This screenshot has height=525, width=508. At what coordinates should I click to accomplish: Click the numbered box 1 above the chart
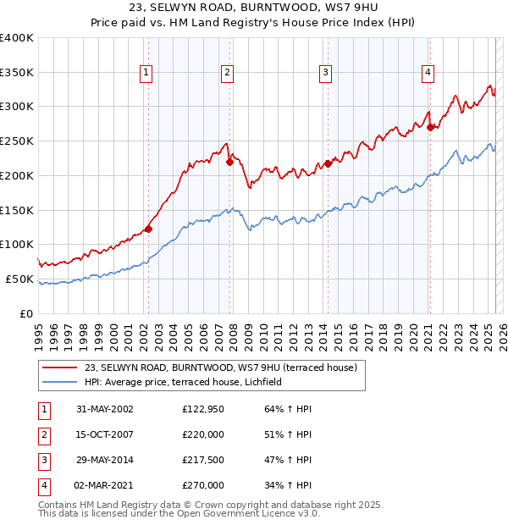coord(147,74)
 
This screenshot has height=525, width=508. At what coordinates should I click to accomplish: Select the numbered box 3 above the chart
coord(325,74)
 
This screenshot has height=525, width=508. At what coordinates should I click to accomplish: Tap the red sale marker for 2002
coord(148,228)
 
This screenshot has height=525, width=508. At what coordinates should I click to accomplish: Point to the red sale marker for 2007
coord(229,161)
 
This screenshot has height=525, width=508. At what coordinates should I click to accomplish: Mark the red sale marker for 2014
coord(328,163)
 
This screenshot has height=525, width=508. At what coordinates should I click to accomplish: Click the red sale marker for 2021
coord(430,127)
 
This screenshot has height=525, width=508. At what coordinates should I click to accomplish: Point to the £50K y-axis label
coord(19,279)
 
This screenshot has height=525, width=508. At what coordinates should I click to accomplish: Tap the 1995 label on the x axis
coord(39,329)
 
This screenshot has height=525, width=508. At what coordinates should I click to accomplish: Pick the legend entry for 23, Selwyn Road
coord(222,367)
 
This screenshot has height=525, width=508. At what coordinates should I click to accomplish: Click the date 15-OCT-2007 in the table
coord(105,434)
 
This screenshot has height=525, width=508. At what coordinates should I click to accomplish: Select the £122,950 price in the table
coord(203,409)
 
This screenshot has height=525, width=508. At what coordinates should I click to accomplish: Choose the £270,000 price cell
coord(203,486)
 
